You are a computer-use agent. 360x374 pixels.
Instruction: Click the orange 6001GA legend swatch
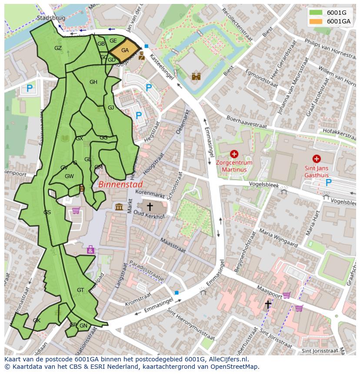coord(316,21)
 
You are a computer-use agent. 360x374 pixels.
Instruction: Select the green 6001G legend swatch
coord(316,13)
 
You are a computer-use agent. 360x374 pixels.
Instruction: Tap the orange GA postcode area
coord(125,50)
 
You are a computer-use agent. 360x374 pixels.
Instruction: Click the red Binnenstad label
coord(120,184)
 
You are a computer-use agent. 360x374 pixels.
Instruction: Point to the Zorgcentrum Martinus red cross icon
coord(234,154)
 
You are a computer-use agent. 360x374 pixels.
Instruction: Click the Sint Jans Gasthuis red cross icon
coord(316,159)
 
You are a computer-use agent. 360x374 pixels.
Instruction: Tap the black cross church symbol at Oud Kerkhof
coord(150,207)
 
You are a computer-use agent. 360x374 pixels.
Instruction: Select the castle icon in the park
coord(196,76)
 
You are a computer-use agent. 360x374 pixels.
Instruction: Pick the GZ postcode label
coord(58,48)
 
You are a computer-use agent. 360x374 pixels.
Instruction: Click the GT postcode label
coord(80,290)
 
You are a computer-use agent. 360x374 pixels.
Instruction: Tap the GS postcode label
coord(47,212)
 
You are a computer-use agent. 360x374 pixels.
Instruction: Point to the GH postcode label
coord(93,82)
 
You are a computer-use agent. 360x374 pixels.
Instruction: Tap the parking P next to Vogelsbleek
coord(328,183)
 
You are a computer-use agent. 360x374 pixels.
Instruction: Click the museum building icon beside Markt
coord(119,207)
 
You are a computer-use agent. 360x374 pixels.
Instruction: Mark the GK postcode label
coord(37,321)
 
